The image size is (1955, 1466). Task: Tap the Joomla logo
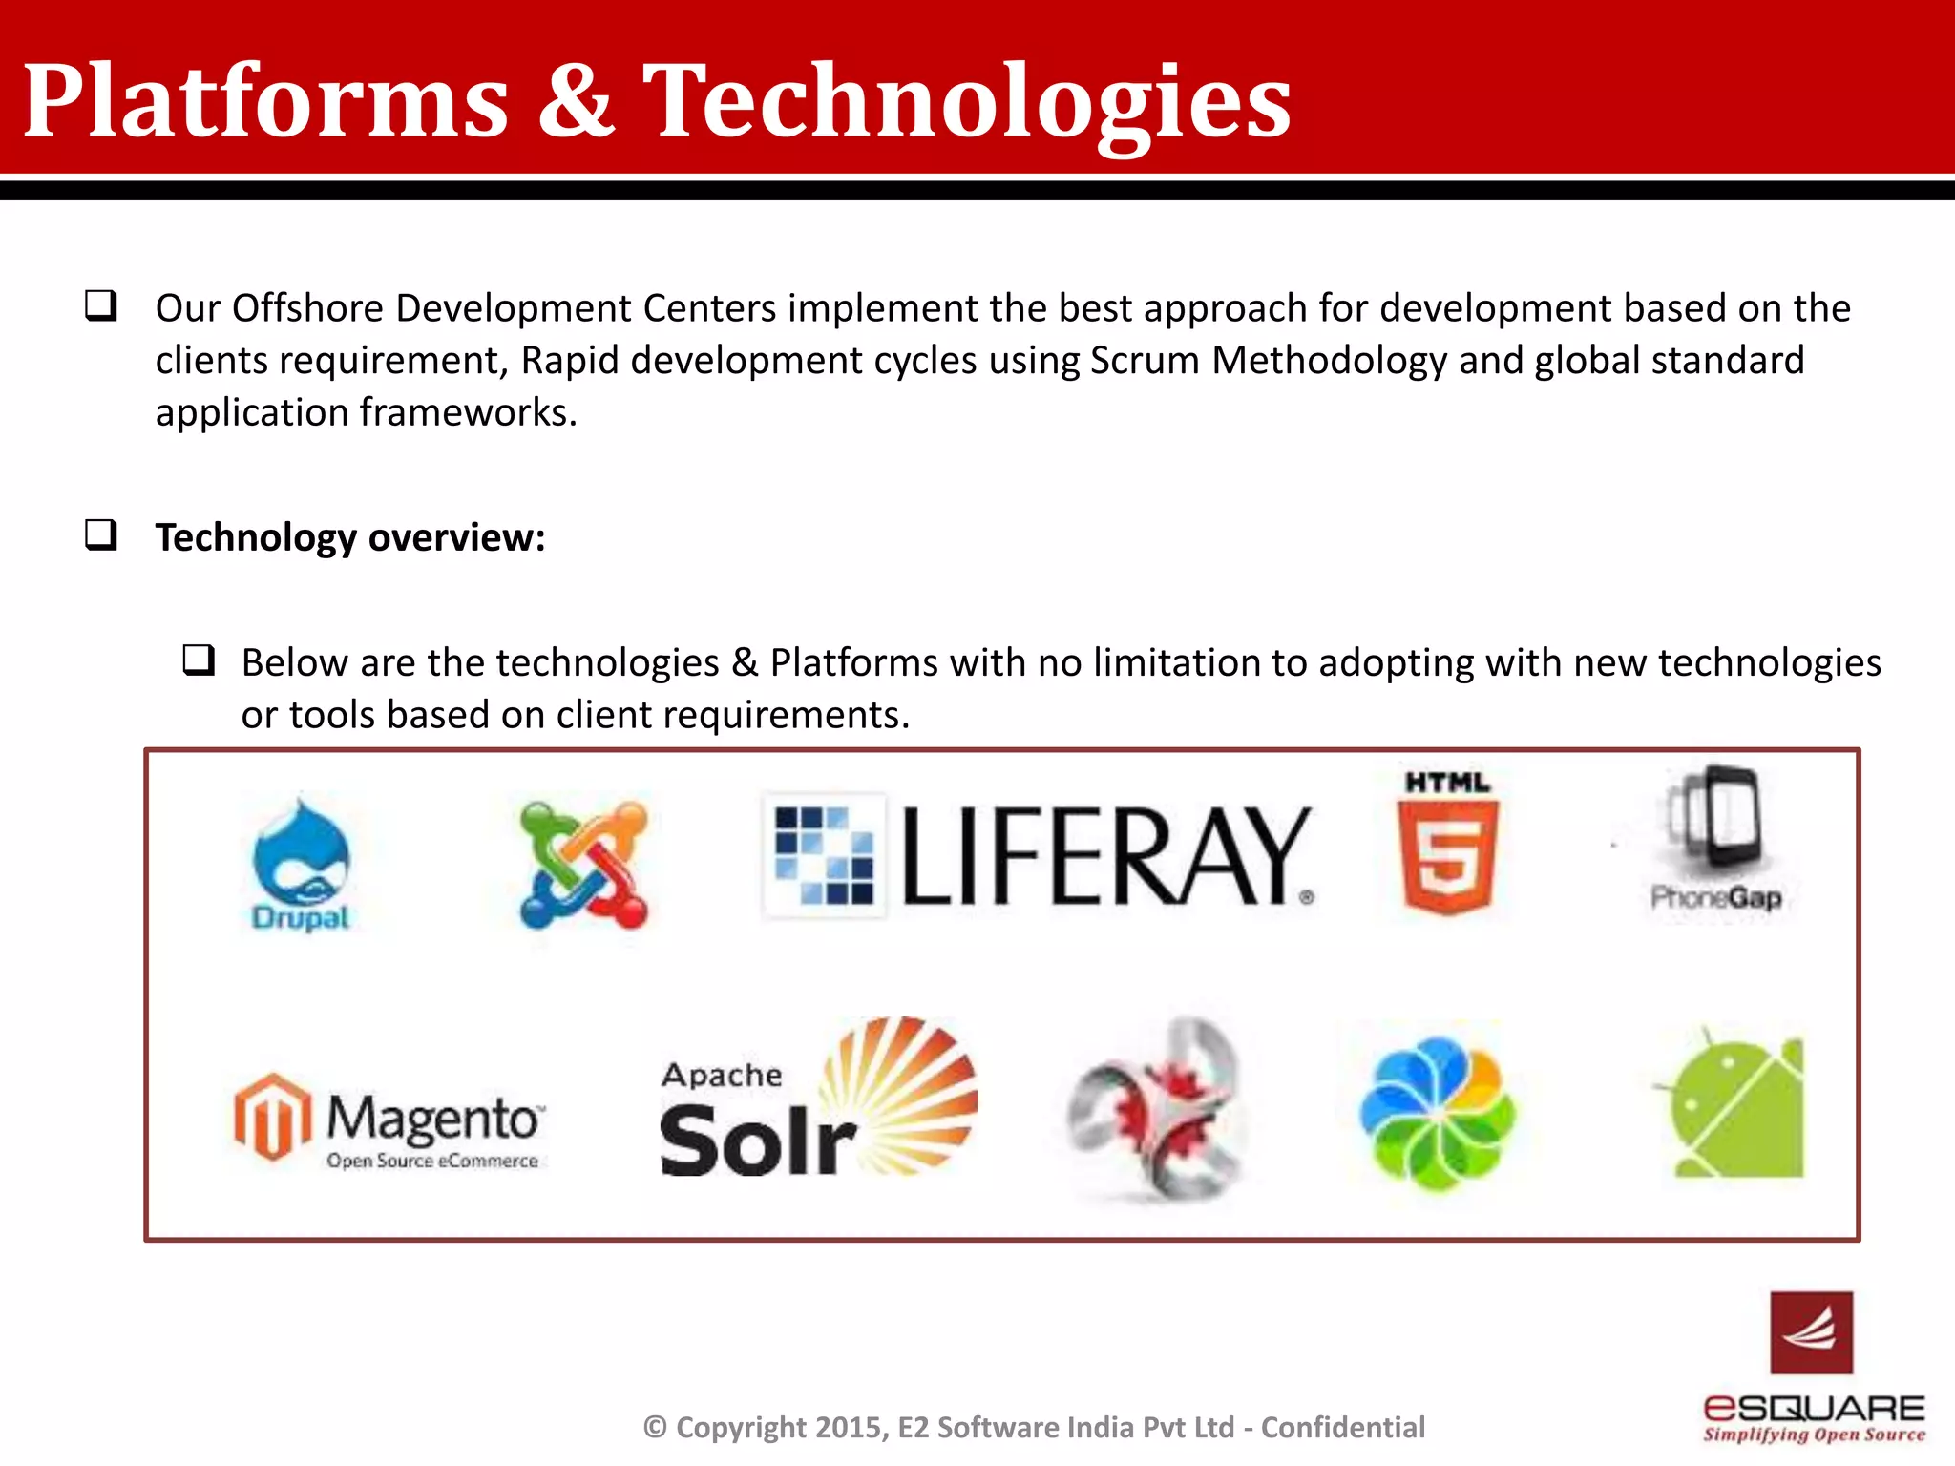(583, 865)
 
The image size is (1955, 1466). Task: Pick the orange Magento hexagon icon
(272, 1117)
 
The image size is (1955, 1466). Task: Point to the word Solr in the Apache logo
(757, 1141)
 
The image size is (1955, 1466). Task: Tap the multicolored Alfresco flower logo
(1437, 1112)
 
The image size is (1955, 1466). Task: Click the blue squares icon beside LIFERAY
(824, 855)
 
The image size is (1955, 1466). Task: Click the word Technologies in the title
(966, 100)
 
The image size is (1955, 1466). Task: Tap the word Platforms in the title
(265, 100)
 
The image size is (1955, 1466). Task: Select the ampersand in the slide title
(575, 100)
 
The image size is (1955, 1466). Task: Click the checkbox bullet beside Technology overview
(101, 535)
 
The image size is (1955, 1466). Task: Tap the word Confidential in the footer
(1342, 1427)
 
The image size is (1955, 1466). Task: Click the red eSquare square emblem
(1811, 1332)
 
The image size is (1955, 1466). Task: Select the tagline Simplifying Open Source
(1814, 1435)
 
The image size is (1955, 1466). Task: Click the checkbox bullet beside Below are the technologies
(199, 660)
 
